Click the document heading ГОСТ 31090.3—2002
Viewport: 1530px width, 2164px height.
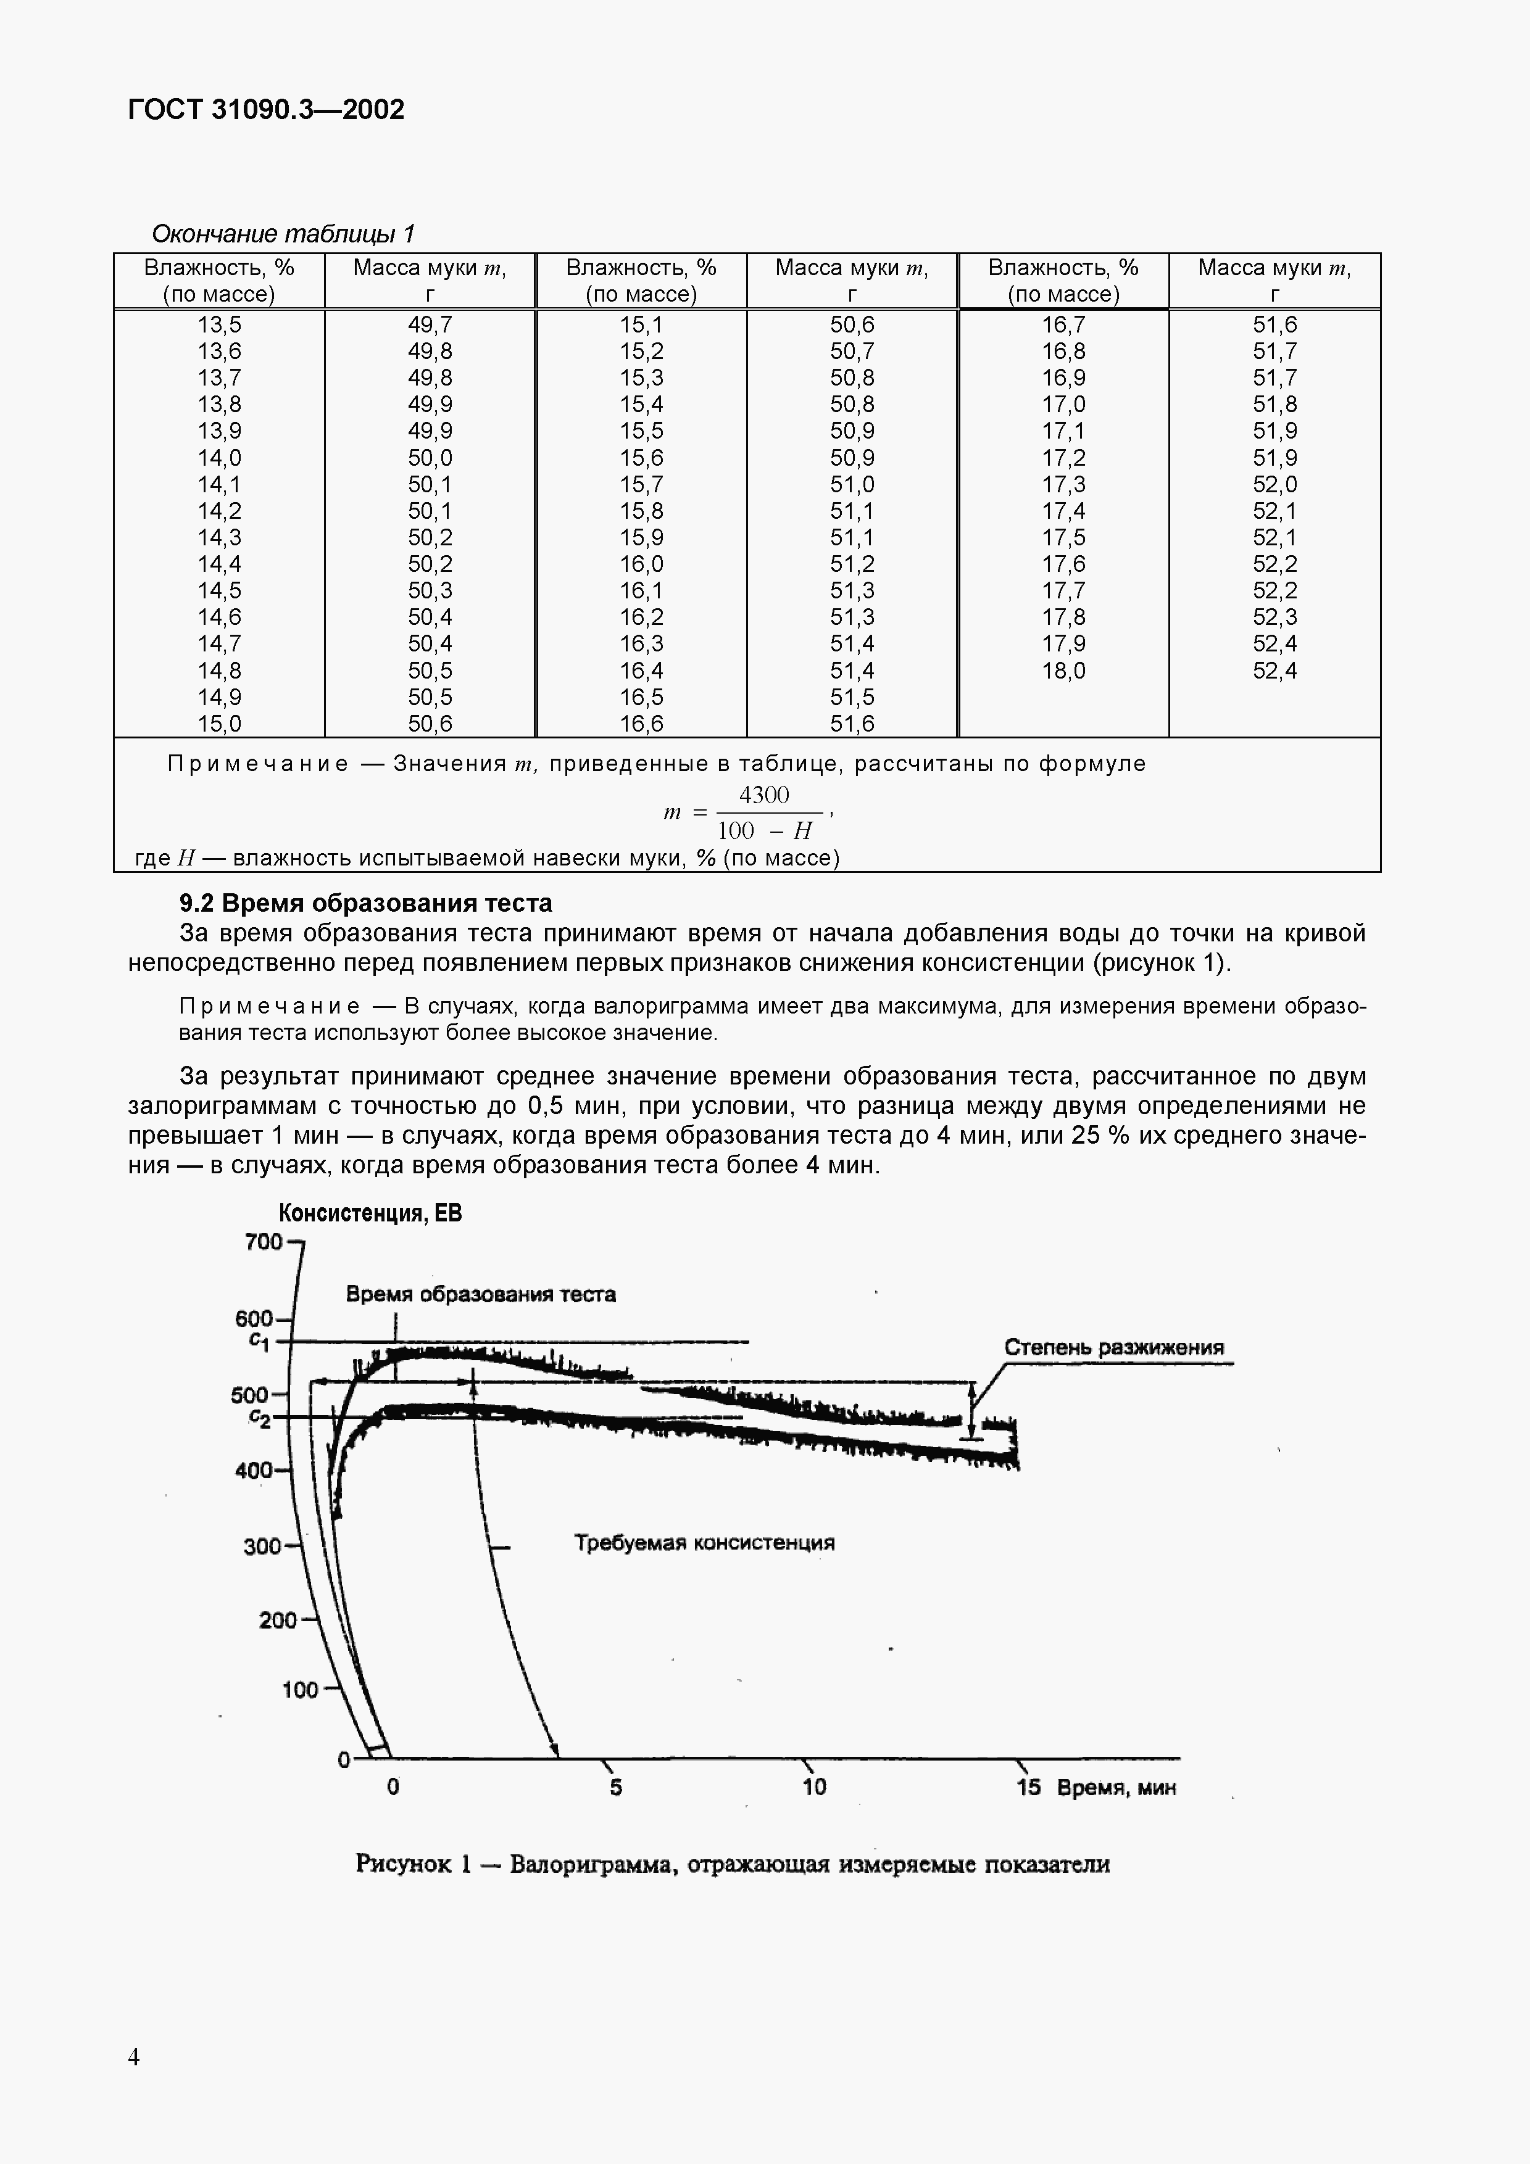pos(266,110)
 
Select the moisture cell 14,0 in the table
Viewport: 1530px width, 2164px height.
pos(218,458)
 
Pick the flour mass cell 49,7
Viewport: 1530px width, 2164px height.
pos(430,325)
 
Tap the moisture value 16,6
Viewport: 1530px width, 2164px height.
pos(641,724)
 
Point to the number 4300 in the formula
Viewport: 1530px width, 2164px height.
pos(763,795)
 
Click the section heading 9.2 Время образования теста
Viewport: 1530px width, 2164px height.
pos(366,903)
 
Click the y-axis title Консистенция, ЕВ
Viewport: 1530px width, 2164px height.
pos(370,1213)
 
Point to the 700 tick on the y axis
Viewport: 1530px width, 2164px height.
pos(264,1242)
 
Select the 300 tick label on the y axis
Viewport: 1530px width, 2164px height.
pos(263,1546)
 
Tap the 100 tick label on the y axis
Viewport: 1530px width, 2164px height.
pos(301,1690)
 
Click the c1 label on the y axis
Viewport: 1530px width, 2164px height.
pos(259,1341)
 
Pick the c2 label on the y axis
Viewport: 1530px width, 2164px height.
pos(259,1418)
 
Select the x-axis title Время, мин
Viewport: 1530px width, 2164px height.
pos(1116,1788)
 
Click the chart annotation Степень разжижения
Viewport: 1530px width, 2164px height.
pos(1113,1347)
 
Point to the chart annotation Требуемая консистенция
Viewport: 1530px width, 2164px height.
pos(704,1543)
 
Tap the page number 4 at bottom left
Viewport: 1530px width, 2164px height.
pos(134,2057)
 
